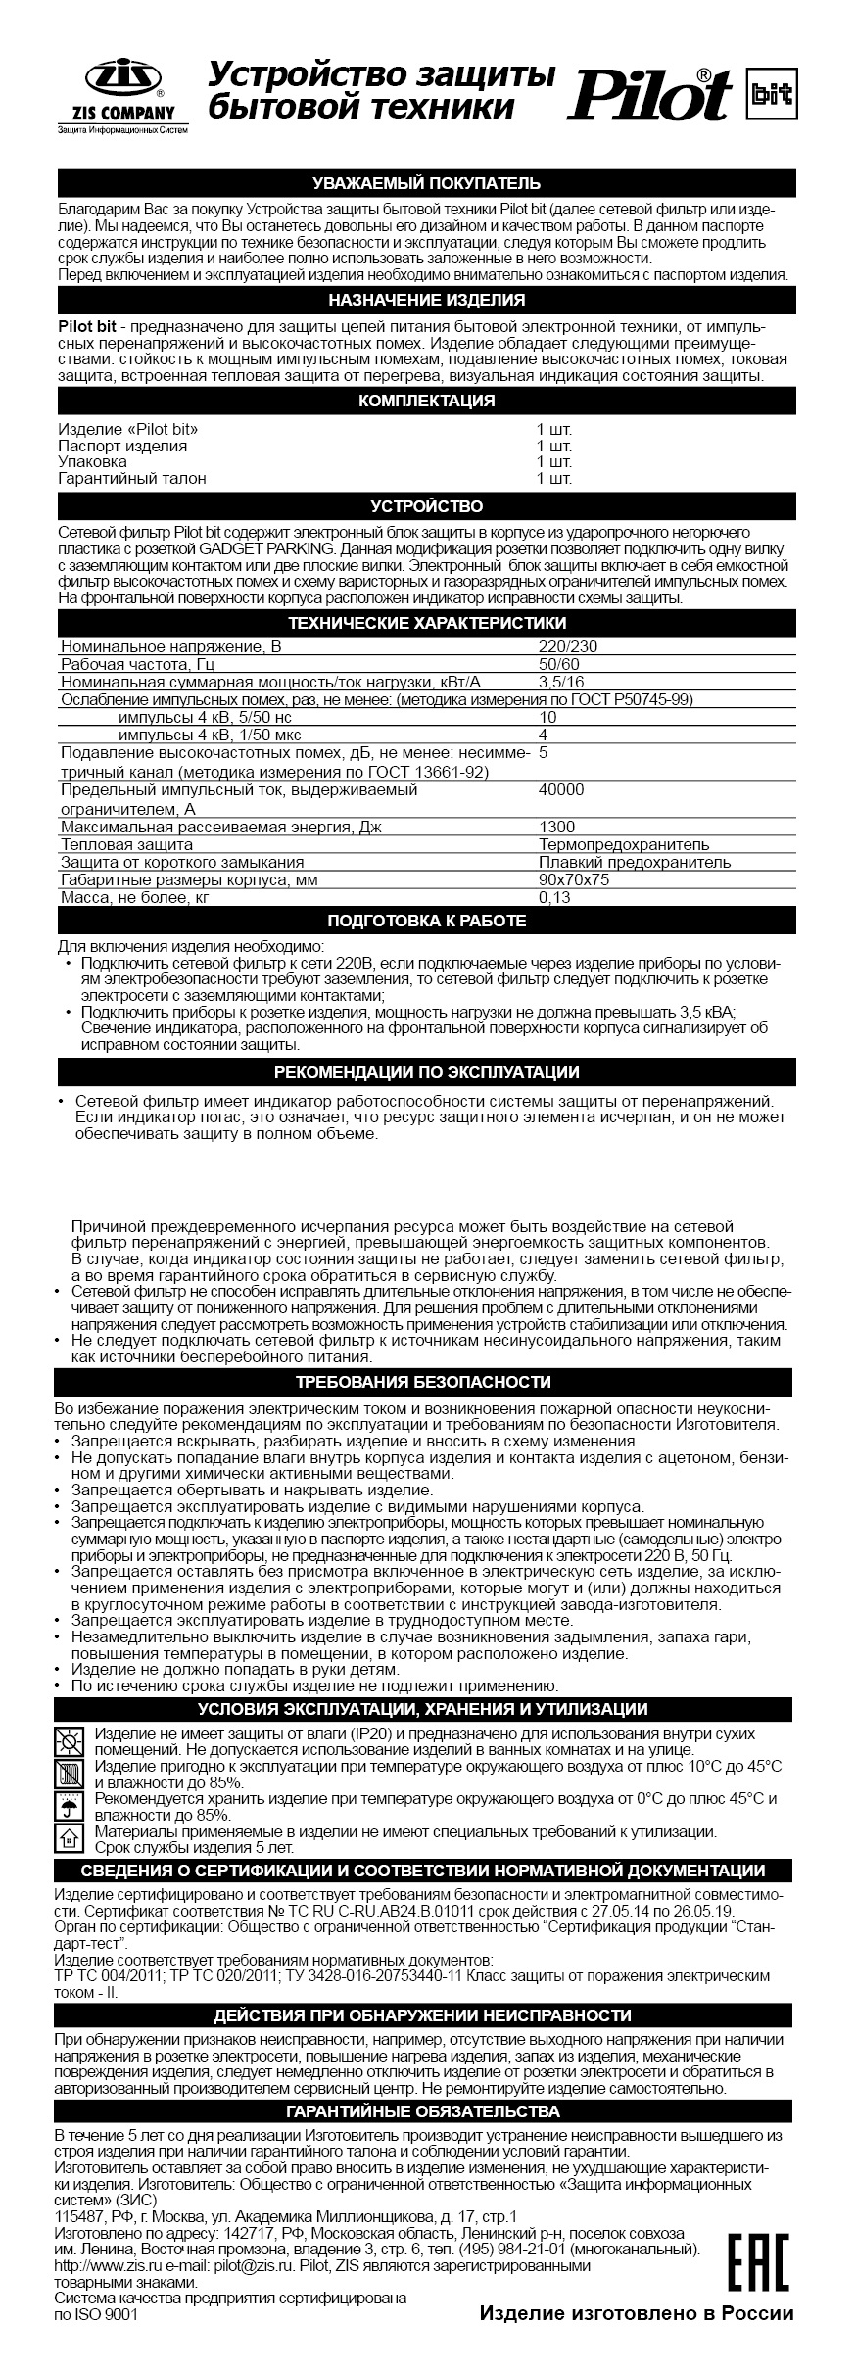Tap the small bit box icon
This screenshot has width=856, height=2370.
tap(769, 93)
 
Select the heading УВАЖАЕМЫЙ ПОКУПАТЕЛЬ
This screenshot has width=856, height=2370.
tap(426, 183)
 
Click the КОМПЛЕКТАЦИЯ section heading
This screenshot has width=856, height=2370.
tap(426, 401)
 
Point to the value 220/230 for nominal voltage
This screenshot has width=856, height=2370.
tap(568, 646)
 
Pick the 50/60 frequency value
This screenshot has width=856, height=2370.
tap(558, 664)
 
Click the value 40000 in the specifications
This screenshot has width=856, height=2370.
tap(561, 790)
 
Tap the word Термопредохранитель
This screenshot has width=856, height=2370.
tap(624, 844)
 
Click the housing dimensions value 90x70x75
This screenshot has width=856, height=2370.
tap(574, 879)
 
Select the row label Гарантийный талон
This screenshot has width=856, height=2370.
tap(132, 479)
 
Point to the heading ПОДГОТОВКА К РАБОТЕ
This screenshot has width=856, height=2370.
tap(426, 921)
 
